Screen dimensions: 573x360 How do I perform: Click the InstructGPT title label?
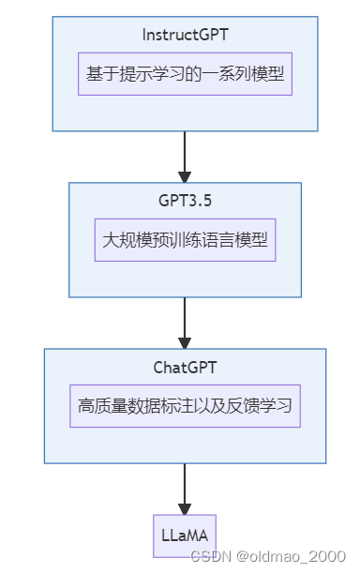(185, 35)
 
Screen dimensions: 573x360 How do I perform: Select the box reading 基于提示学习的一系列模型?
(185, 73)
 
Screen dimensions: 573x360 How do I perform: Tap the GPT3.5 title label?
(185, 201)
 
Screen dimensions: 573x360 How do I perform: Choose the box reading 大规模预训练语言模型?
(185, 239)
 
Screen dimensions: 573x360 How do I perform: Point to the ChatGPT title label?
(185, 367)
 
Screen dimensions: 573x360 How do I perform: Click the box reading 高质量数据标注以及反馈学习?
(185, 406)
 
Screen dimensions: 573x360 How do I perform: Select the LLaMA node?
(185, 536)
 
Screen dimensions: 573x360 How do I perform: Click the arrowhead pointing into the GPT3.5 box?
(185, 174)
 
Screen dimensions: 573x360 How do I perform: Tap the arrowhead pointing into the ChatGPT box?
(185, 340)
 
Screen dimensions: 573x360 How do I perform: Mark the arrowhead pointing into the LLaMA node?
(185, 506)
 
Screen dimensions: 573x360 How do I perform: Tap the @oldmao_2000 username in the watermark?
(292, 557)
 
